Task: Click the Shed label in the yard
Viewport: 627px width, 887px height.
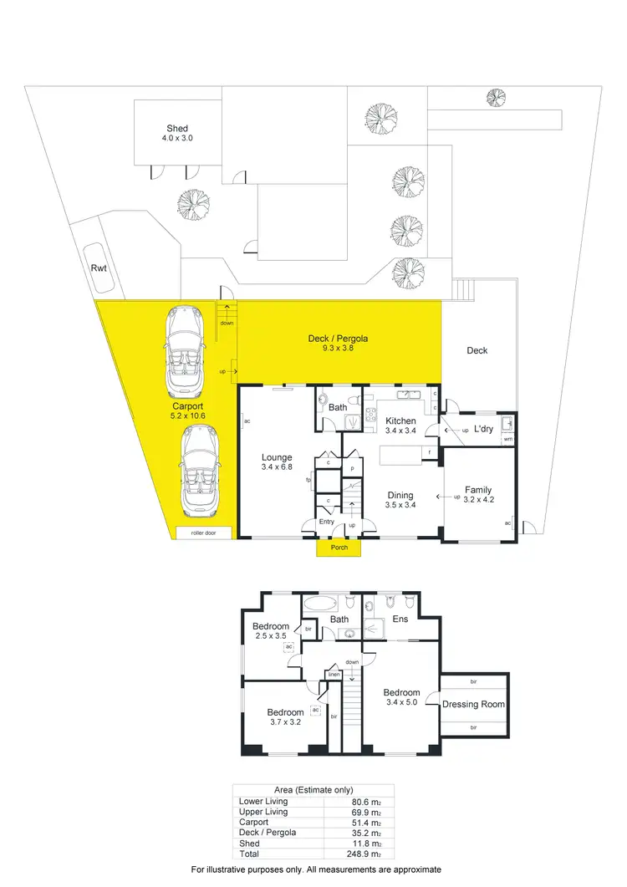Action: [176, 129]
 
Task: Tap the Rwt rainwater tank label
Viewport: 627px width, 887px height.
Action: [99, 269]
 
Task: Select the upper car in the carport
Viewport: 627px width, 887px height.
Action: [186, 352]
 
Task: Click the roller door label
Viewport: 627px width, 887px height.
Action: [205, 533]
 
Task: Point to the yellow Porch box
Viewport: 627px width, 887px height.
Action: [339, 548]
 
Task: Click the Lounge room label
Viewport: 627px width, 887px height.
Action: [276, 457]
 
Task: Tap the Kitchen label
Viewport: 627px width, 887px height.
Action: [400, 421]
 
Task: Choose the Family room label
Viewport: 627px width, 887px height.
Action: [478, 490]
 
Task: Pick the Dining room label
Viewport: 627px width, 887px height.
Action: [400, 494]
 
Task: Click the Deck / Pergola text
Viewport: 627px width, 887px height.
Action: [338, 339]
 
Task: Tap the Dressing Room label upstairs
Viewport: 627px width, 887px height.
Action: [473, 704]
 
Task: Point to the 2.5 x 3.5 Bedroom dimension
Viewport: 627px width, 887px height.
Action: [271, 636]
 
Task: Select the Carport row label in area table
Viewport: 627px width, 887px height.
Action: [253, 823]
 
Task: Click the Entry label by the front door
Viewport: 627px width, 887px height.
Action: [326, 522]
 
